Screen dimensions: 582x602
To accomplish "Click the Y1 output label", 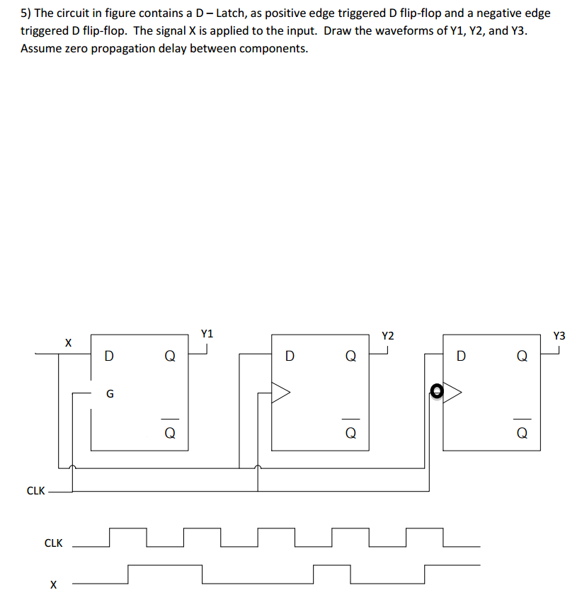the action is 207,333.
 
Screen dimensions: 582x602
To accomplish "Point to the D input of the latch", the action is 108,357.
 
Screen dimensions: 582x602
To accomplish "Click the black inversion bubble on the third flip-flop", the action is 437,390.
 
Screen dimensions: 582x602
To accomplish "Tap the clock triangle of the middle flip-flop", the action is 281,391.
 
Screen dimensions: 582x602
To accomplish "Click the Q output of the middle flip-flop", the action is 350,357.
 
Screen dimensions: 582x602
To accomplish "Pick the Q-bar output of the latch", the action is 169,431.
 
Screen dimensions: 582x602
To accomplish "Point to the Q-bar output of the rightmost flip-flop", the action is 522,432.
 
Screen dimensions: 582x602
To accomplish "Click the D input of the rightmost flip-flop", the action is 462,357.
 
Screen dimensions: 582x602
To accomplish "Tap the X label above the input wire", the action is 68,342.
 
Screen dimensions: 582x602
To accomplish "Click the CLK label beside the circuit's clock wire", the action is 35,490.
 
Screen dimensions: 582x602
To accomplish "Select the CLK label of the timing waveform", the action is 53,543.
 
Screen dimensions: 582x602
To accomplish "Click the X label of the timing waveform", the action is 52,584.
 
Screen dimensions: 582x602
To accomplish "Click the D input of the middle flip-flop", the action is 289,357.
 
